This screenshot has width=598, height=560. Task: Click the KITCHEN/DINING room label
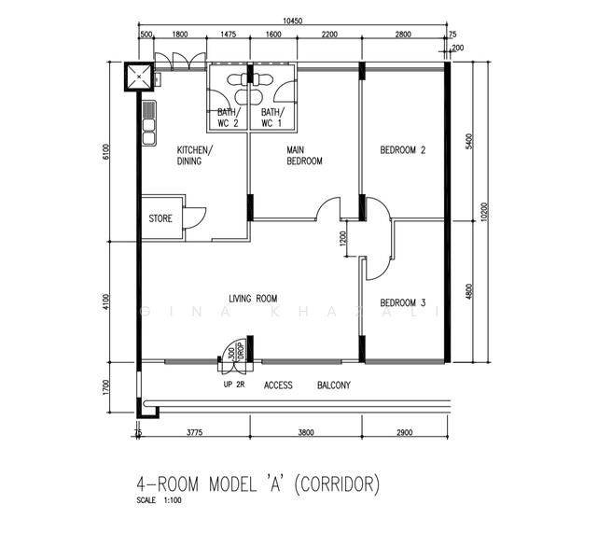tap(195, 156)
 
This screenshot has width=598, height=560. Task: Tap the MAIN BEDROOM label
tap(304, 156)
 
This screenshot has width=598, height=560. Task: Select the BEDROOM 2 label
tap(403, 150)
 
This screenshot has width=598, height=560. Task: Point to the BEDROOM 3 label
tap(403, 302)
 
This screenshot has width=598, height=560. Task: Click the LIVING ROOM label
tap(253, 299)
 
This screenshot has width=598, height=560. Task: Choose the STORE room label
tap(160, 219)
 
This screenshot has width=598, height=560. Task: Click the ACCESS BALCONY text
tap(307, 385)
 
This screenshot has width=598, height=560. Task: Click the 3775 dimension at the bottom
tap(195, 433)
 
